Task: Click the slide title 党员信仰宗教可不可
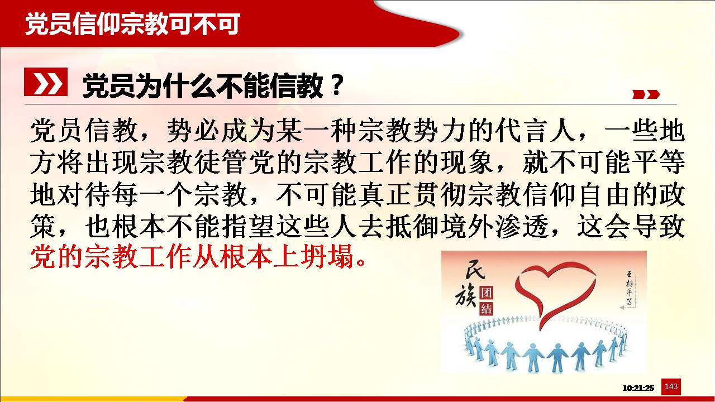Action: click(132, 23)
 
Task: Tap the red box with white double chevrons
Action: click(46, 82)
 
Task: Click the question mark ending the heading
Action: click(336, 85)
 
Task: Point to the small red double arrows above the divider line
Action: click(646, 94)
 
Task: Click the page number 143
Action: click(671, 386)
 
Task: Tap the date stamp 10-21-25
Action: click(638, 388)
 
